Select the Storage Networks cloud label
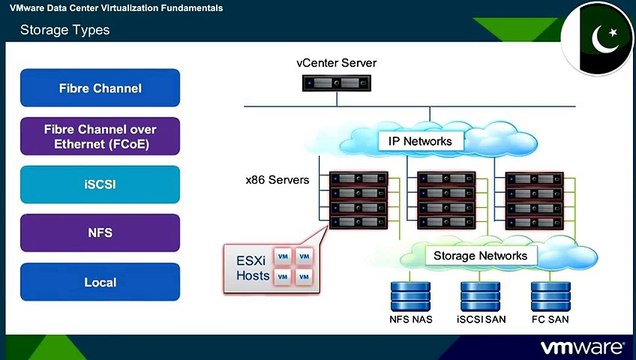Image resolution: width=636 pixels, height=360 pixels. [481, 256]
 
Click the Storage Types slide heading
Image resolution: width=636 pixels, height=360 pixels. [65, 30]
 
